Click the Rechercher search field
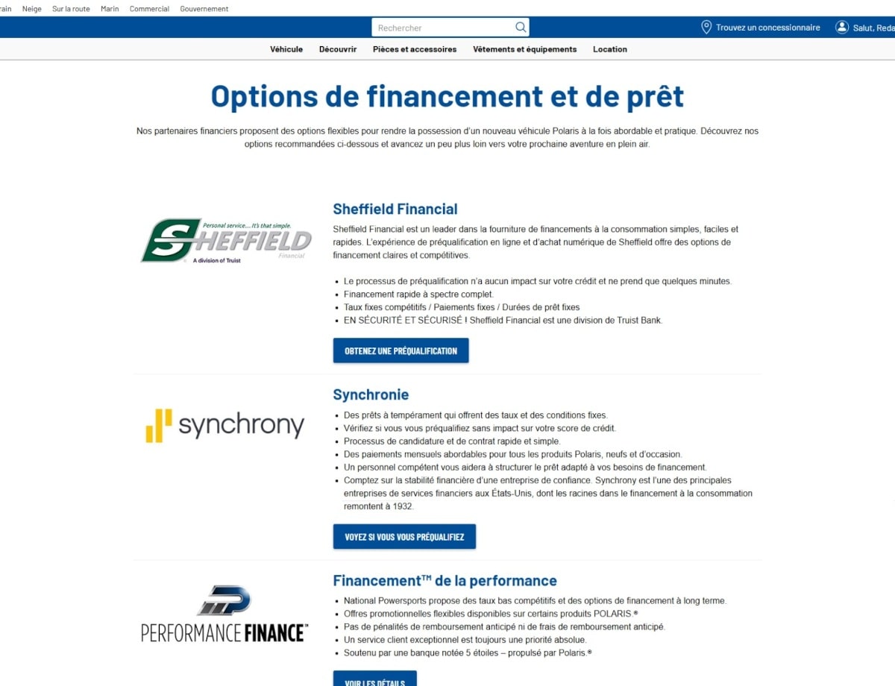(x=444, y=28)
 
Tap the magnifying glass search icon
(x=521, y=28)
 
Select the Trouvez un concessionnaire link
(x=767, y=28)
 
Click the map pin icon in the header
(x=706, y=28)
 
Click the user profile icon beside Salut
(x=842, y=28)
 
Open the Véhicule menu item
(x=286, y=49)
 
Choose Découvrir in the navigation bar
(x=338, y=49)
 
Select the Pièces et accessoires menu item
(x=415, y=49)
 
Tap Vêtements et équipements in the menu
(x=524, y=49)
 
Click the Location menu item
(x=610, y=49)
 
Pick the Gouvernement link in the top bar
(x=204, y=9)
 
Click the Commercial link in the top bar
(x=149, y=9)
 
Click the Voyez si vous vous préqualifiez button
(x=404, y=537)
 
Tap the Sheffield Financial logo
(x=226, y=241)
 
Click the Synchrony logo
(x=225, y=426)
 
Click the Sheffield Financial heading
(x=395, y=210)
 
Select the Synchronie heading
(x=371, y=395)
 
